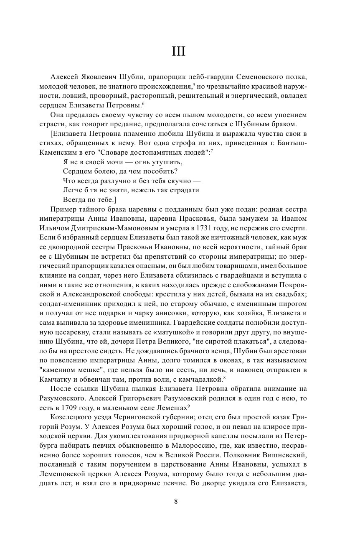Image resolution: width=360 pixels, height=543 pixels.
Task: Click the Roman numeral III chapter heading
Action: point(179,51)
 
